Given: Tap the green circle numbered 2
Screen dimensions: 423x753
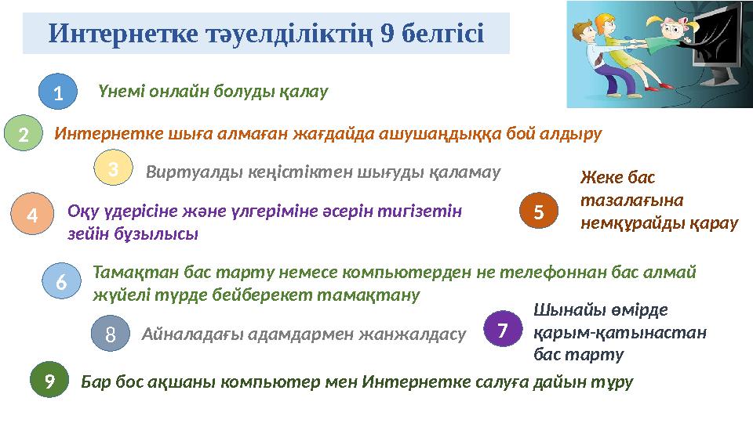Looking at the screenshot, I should tap(24, 135).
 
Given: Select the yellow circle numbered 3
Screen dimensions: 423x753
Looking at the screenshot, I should tap(113, 169).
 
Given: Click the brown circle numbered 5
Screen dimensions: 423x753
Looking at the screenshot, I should tap(539, 211).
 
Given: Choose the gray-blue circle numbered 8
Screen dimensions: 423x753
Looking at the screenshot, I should tap(111, 334).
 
